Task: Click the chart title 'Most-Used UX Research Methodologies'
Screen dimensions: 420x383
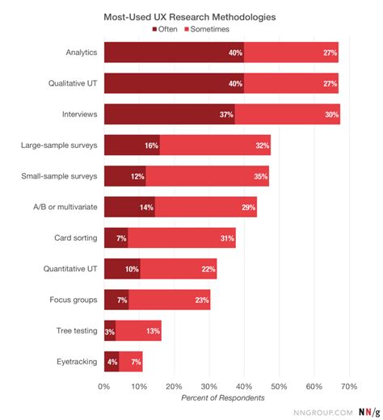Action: tap(191, 15)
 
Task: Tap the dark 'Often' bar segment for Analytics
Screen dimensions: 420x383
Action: tap(174, 52)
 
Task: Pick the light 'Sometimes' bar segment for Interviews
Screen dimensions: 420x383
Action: tap(287, 115)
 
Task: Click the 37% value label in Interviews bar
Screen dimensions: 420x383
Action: tap(226, 115)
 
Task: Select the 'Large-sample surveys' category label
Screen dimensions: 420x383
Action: tap(60, 145)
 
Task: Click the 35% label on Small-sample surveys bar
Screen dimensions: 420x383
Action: tap(260, 176)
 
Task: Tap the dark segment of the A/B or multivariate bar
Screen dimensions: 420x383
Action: tap(129, 207)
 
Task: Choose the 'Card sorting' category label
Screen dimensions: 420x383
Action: tap(78, 237)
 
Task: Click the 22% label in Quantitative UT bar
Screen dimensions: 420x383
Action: tap(208, 268)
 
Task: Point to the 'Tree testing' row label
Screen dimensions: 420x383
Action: tap(78, 330)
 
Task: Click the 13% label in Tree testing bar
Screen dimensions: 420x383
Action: tap(153, 330)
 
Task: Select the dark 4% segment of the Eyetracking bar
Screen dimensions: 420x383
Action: tap(112, 361)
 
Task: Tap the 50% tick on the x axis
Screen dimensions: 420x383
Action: tap(279, 386)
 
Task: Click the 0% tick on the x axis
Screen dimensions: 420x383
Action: tap(103, 386)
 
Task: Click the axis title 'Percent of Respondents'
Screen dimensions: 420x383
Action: tap(222, 397)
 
